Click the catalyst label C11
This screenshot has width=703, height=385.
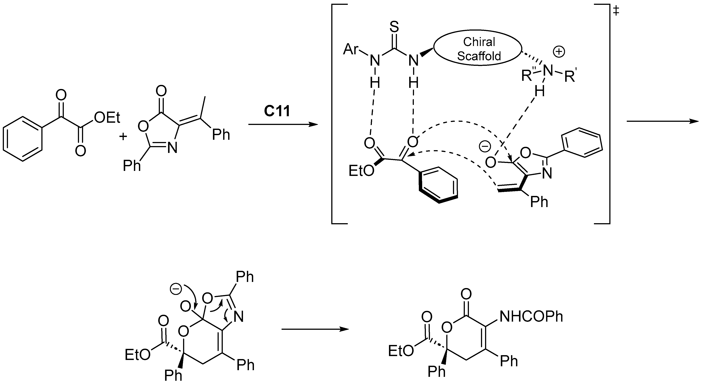pos(277,111)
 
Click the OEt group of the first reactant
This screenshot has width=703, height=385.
pos(107,118)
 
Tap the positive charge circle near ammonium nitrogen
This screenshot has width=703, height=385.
pos(559,52)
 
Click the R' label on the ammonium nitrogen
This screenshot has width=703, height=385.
pos(570,77)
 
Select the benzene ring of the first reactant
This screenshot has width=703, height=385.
pos(23,139)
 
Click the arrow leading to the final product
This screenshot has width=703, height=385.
pos(315,329)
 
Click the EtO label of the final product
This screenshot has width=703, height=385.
pos(401,351)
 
